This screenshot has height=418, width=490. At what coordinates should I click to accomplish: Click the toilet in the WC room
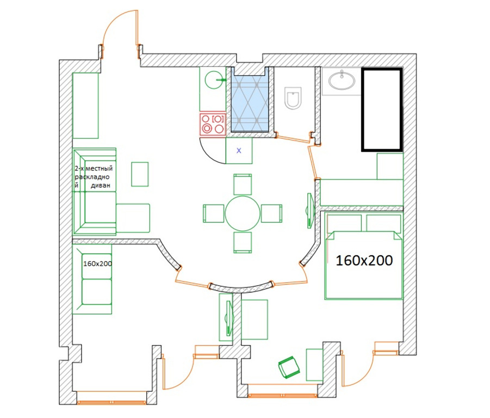tap(293, 98)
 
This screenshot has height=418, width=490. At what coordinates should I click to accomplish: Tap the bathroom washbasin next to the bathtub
tap(342, 81)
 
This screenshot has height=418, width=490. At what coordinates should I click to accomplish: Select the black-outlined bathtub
tap(382, 110)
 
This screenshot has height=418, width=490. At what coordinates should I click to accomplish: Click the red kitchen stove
tap(213, 124)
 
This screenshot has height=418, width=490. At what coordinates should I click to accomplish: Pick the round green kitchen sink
tap(214, 79)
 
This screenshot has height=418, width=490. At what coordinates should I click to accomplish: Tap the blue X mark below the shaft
tap(239, 151)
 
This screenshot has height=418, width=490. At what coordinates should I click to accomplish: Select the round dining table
tap(243, 213)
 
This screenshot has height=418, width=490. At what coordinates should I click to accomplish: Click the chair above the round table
tap(243, 185)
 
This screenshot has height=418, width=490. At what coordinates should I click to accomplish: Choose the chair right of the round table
tap(271, 213)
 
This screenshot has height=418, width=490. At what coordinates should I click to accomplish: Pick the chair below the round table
tap(243, 242)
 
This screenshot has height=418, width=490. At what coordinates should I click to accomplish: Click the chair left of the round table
tap(213, 213)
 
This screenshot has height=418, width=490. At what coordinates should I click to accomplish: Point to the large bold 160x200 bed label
tap(364, 260)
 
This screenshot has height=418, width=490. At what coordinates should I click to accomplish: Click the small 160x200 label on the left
tap(97, 263)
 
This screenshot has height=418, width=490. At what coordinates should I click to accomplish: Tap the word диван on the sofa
tap(101, 186)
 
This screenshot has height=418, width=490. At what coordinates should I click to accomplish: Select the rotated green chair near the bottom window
tap(289, 367)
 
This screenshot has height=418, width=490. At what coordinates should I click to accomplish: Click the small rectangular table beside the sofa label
tap(140, 174)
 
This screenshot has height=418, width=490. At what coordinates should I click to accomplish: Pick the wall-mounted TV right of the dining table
tap(309, 210)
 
